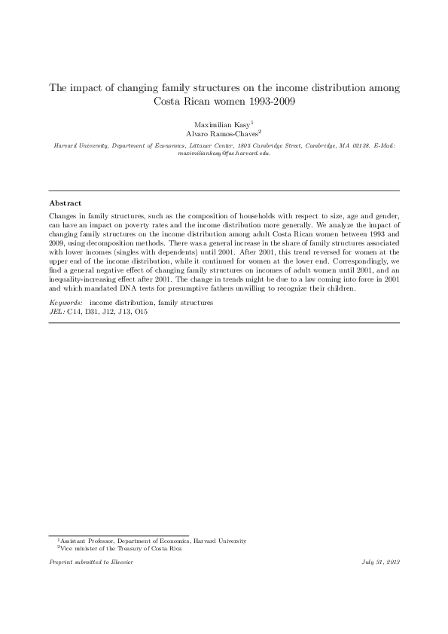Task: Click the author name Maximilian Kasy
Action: point(221,123)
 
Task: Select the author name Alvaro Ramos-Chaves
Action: point(221,133)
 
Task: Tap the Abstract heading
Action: point(66,203)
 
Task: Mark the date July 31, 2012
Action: point(381,562)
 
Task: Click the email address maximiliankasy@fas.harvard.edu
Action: point(224,152)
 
